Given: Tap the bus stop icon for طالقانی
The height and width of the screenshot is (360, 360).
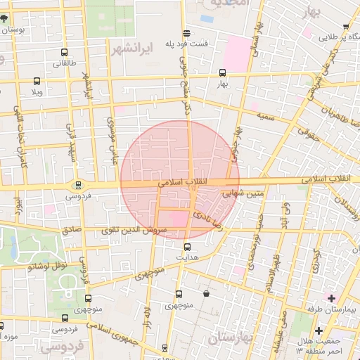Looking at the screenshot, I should [x=65, y=53].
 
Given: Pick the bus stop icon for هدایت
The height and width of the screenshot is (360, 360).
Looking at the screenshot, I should [x=187, y=247].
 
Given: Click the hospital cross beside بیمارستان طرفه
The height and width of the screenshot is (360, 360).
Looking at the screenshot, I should [x=331, y=299].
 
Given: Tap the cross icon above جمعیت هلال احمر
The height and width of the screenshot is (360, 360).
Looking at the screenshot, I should [x=319, y=330].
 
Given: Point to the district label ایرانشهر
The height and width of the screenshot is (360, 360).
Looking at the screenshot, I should [x=131, y=49].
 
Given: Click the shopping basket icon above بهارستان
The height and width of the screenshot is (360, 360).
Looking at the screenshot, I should [x=205, y=294].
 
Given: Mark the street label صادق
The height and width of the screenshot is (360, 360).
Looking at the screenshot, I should [x=72, y=229].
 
